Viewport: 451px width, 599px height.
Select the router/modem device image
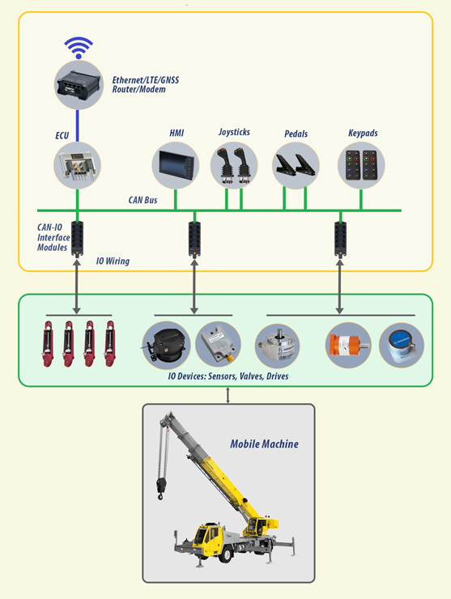[x=79, y=85]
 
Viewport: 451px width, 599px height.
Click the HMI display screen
[x=176, y=165]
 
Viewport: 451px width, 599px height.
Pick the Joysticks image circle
[x=234, y=165]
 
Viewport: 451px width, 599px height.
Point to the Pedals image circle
[x=296, y=165]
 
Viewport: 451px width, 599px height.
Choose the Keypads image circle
[x=361, y=165]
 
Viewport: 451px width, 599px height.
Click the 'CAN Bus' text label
[x=143, y=200]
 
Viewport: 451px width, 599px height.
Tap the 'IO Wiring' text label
[x=113, y=261]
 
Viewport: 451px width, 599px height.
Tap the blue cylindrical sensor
[x=401, y=345]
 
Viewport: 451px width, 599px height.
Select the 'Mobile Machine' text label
[x=264, y=444]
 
